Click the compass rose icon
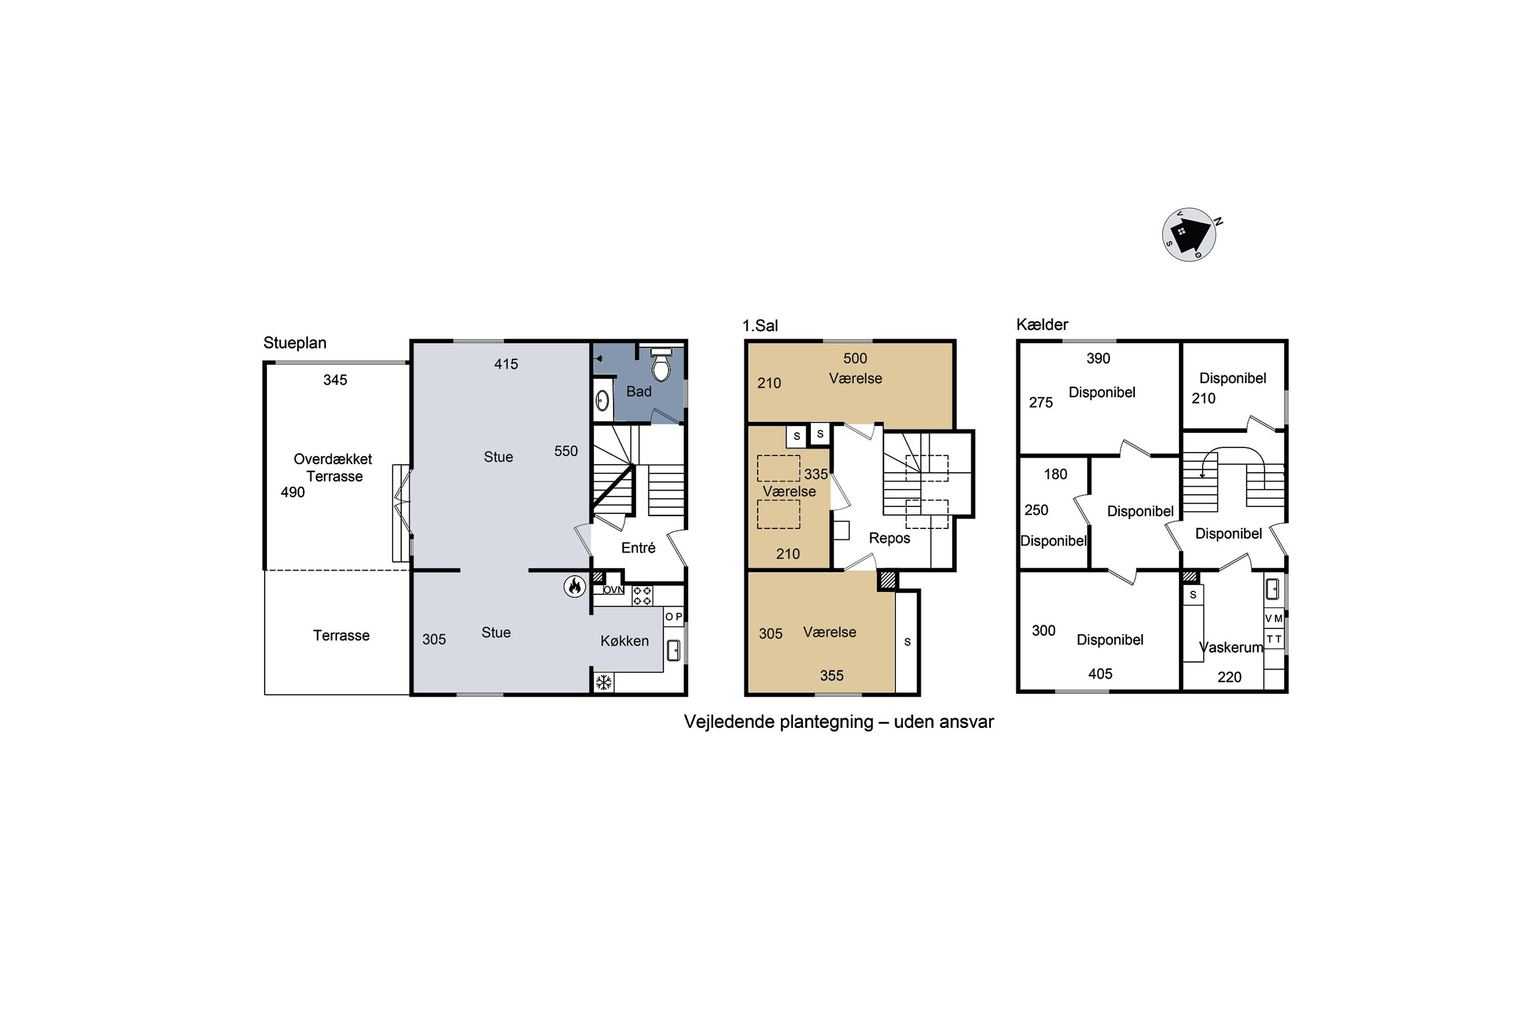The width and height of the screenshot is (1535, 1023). click(x=1189, y=235)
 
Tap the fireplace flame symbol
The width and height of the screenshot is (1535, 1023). click(x=574, y=586)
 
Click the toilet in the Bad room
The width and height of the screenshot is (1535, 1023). click(x=661, y=365)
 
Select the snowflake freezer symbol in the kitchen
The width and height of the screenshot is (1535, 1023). click(x=604, y=682)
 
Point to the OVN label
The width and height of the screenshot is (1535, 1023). click(x=613, y=590)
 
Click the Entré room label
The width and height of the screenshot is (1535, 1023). click(x=638, y=547)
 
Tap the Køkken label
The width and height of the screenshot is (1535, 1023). click(x=625, y=641)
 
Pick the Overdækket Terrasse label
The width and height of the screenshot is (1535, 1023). click(x=333, y=467)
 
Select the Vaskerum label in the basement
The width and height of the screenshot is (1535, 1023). click(x=1231, y=647)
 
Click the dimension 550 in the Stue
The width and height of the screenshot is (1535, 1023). click(x=566, y=451)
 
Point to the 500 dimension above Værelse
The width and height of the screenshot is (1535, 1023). click(x=855, y=358)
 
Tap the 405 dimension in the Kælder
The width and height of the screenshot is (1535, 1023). click(x=1101, y=674)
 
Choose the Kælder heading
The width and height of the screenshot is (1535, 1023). click(x=1042, y=324)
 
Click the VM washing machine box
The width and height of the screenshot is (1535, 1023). click(x=1274, y=618)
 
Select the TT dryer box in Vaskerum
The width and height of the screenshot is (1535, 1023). click(x=1274, y=639)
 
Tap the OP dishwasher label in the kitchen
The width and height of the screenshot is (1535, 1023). click(x=673, y=616)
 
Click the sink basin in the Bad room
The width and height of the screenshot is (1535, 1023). click(x=602, y=400)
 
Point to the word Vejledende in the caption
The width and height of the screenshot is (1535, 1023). click(x=724, y=722)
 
